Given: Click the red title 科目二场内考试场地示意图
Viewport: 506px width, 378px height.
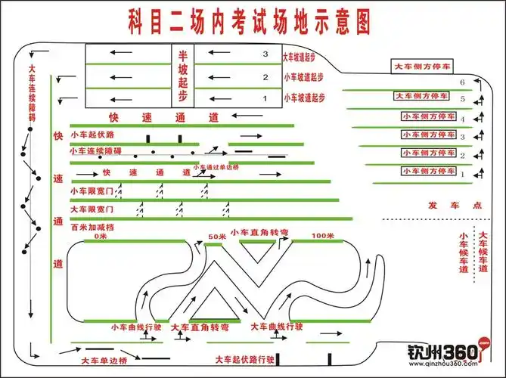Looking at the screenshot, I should (246, 22).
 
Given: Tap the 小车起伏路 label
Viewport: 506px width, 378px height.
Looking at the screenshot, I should (92, 135).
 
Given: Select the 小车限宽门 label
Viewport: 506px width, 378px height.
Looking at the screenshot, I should (92, 191).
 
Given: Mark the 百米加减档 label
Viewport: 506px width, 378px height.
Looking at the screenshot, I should (92, 226).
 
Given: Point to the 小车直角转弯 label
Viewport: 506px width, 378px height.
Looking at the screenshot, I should (259, 232).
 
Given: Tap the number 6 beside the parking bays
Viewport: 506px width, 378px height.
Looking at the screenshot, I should (462, 81).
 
